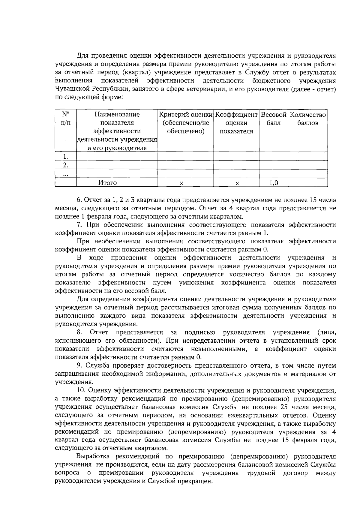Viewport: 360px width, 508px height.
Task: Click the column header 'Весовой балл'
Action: pyautogui.click(x=273, y=119)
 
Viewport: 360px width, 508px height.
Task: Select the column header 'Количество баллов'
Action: pyautogui.click(x=307, y=119)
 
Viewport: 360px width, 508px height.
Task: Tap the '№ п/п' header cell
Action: pyautogui.click(x=66, y=119)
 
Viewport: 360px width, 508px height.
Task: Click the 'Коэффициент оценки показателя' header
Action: pyautogui.click(x=236, y=123)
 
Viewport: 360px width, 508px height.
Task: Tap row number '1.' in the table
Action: pyautogui.click(x=66, y=156)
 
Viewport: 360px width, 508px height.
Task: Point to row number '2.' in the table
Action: pyautogui.click(x=66, y=165)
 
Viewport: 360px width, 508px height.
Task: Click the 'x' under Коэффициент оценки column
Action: pyautogui.click(x=237, y=183)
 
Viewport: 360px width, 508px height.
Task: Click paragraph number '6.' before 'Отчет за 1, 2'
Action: pyautogui.click(x=79, y=200)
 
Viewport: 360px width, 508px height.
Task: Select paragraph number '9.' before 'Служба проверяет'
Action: pyautogui.click(x=79, y=366)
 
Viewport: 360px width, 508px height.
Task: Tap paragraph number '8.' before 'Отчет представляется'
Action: pyautogui.click(x=79, y=332)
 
